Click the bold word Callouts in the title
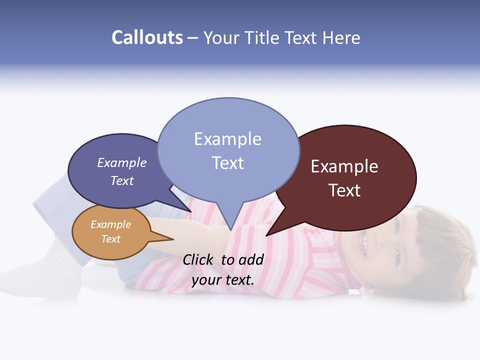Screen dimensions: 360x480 [147, 37]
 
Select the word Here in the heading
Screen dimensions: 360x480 [342, 37]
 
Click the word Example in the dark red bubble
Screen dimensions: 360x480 [344, 166]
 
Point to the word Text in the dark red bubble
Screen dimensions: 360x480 [344, 190]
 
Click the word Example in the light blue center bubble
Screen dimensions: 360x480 [227, 139]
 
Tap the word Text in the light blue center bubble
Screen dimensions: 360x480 [227, 163]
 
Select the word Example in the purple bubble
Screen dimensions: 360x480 [121, 162]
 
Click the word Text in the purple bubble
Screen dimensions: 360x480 [121, 180]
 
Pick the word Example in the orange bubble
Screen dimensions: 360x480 [110, 224]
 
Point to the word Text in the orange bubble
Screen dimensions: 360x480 [110, 239]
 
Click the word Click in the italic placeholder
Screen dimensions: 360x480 [199, 259]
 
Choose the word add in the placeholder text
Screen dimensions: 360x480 [251, 259]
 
